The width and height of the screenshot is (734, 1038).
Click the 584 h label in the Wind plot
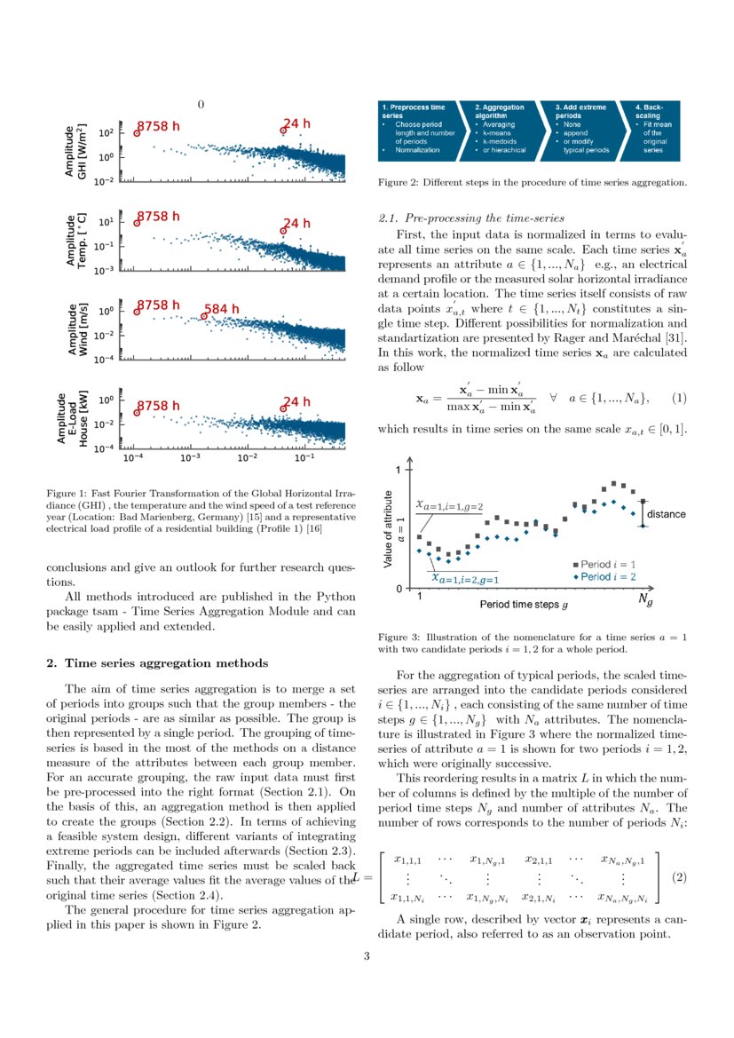click(222, 309)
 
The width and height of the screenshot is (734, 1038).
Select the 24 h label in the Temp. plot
click(296, 224)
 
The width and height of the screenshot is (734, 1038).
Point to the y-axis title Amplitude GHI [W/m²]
click(78, 153)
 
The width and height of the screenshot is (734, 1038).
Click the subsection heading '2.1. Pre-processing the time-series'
click(471, 218)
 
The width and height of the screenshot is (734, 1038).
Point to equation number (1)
click(680, 397)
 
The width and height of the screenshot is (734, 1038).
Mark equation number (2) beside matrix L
click(680, 877)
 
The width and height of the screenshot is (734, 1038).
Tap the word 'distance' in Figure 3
click(665, 514)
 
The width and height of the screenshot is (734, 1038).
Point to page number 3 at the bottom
click(367, 956)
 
